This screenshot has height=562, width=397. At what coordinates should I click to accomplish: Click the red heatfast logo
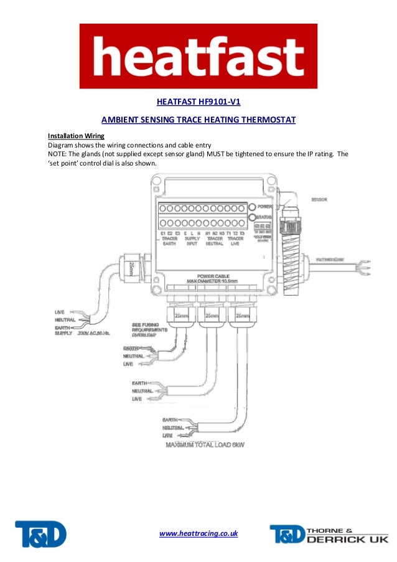click(198, 57)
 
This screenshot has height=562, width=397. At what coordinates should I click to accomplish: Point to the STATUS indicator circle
click(251, 218)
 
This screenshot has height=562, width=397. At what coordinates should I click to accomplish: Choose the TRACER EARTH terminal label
click(169, 241)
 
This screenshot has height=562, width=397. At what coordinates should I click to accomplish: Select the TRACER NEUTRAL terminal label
click(215, 241)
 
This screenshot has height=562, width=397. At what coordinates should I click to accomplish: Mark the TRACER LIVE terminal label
click(235, 241)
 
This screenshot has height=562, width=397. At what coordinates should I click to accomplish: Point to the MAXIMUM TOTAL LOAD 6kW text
click(205, 446)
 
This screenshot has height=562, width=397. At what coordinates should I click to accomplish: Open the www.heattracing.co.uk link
click(198, 534)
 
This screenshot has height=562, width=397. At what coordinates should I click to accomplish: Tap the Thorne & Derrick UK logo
click(329, 534)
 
